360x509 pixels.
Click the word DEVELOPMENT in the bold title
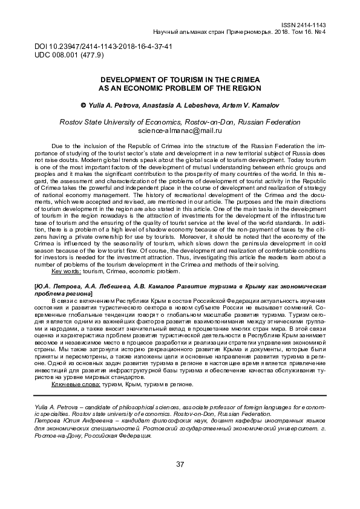126,79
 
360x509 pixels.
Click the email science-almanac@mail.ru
180,130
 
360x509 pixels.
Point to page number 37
180,464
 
